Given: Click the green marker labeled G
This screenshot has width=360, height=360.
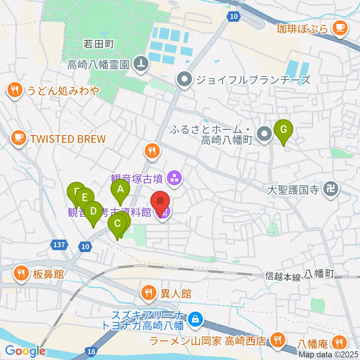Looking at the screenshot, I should coord(283,130).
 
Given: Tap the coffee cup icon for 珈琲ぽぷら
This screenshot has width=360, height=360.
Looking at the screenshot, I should coord(340,28).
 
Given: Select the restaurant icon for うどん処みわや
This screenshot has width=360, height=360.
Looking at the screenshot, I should coord(15,90).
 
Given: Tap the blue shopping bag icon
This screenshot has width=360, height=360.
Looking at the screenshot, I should coord(195,320).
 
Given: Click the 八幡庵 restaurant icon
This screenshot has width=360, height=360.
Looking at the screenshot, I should coord(340,342).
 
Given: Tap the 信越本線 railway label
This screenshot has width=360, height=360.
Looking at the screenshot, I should coord(283,277).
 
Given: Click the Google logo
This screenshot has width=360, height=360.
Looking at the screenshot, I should coord(25,351).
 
